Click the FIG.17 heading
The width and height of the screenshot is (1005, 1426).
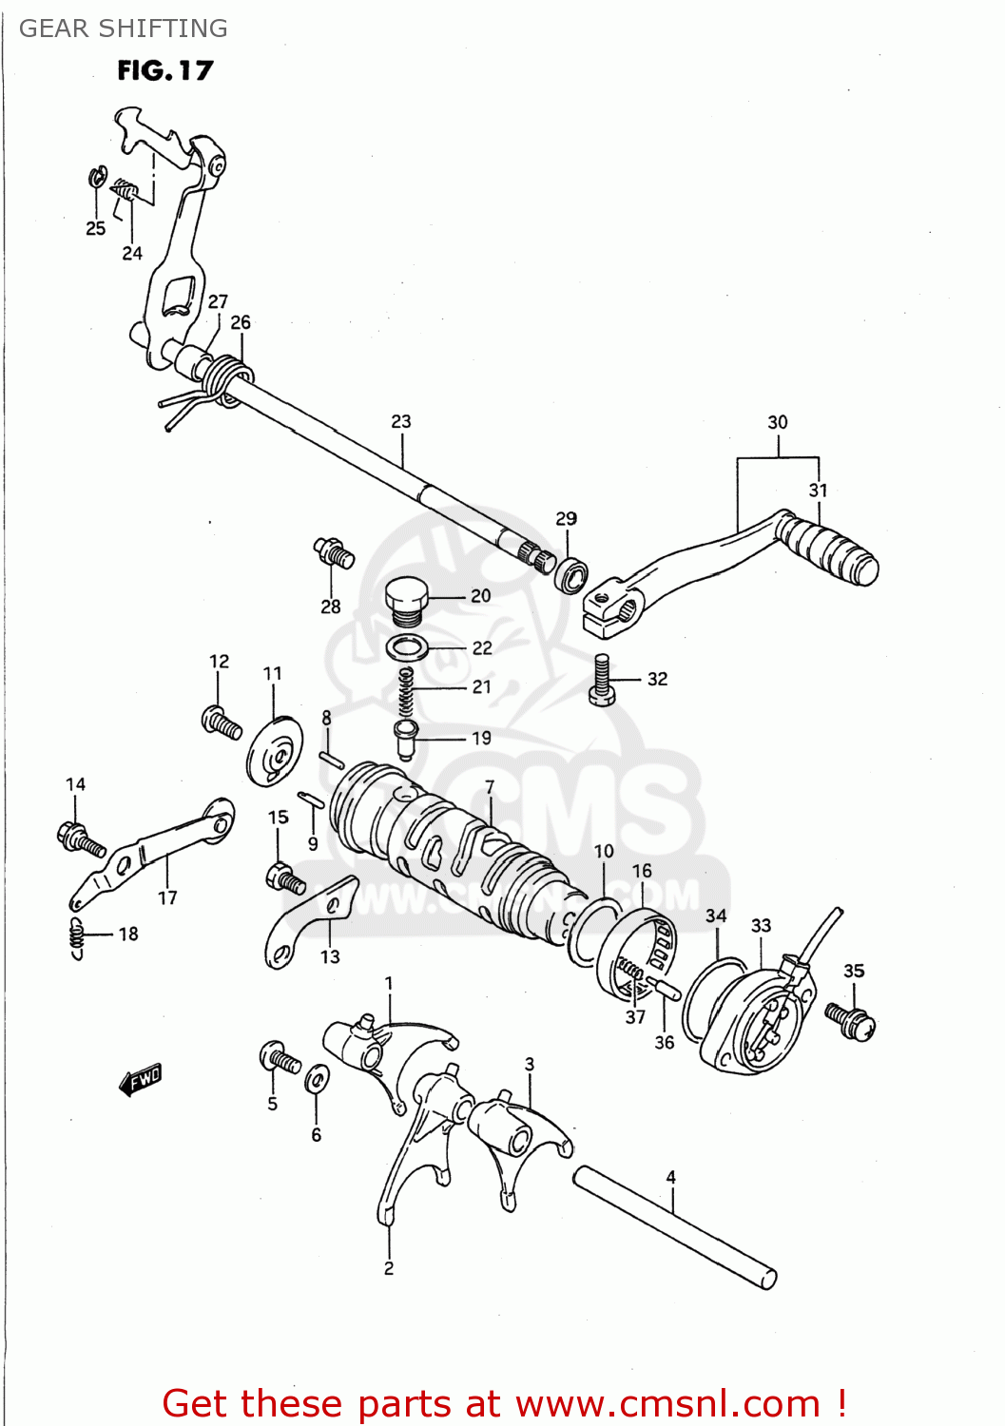[x=164, y=70]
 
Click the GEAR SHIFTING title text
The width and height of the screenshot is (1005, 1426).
[x=124, y=29]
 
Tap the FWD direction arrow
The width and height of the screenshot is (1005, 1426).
[x=141, y=1080]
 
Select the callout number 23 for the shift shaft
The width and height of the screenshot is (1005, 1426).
[x=401, y=421]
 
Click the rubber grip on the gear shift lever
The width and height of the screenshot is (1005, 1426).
[x=832, y=550]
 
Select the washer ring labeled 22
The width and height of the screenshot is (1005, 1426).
[x=407, y=648]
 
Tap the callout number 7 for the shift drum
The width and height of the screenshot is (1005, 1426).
[x=490, y=787]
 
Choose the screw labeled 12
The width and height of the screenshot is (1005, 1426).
[x=222, y=723]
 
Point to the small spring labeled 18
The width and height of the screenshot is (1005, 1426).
[x=77, y=936]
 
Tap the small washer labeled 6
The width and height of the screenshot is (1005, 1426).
[x=317, y=1080]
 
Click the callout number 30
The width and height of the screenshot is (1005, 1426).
[x=778, y=422]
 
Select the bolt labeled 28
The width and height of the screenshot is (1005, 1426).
[x=334, y=552]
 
